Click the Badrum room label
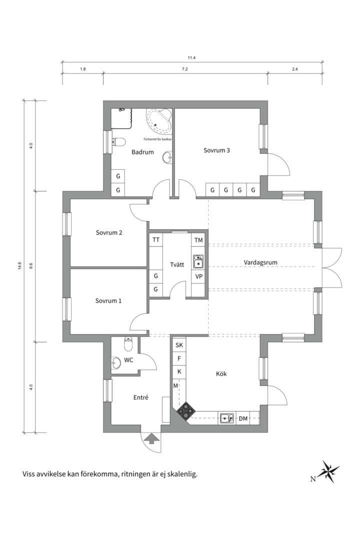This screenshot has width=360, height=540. (x=142, y=152)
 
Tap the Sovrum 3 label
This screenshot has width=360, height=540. (x=216, y=150)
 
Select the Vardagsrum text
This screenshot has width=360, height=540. (x=260, y=262)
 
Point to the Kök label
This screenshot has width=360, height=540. (x=221, y=373)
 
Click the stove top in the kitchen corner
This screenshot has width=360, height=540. (x=186, y=411)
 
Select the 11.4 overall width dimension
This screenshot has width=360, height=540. (x=192, y=58)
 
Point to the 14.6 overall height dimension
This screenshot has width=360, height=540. (x=19, y=266)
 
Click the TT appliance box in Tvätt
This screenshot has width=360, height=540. (x=156, y=239)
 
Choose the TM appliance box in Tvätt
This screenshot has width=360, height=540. (x=198, y=240)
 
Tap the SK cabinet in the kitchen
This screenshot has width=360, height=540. (x=179, y=345)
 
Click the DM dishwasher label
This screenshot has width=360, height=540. (x=243, y=419)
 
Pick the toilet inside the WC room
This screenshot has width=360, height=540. (x=128, y=343)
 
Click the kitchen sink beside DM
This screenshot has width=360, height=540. (x=226, y=417)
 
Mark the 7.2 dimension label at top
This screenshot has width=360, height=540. (x=185, y=69)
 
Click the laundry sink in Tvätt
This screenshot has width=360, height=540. (x=198, y=261)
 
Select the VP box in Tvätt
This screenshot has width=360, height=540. (x=199, y=276)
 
